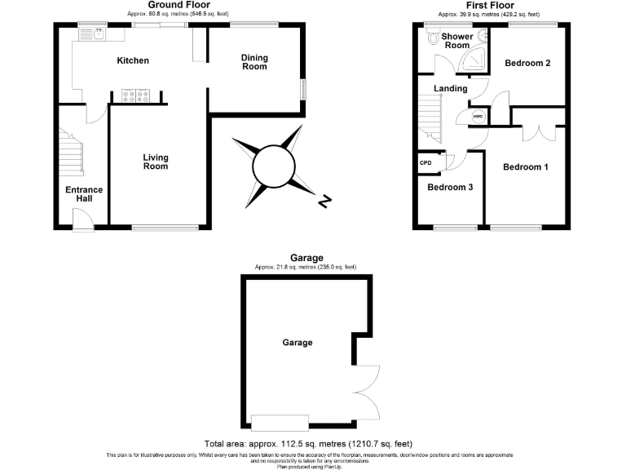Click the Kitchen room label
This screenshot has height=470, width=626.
(132, 60)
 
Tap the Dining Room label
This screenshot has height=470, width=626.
(254, 62)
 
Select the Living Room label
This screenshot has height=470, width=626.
(155, 162)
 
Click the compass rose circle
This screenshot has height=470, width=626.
(271, 166)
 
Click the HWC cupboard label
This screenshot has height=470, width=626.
(478, 117)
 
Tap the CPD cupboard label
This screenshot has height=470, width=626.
(425, 163)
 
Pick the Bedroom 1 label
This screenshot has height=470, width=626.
(525, 167)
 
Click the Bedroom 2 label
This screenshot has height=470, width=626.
(527, 63)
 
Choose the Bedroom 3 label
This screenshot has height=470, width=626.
(451, 187)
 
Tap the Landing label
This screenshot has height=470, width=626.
(451, 88)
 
